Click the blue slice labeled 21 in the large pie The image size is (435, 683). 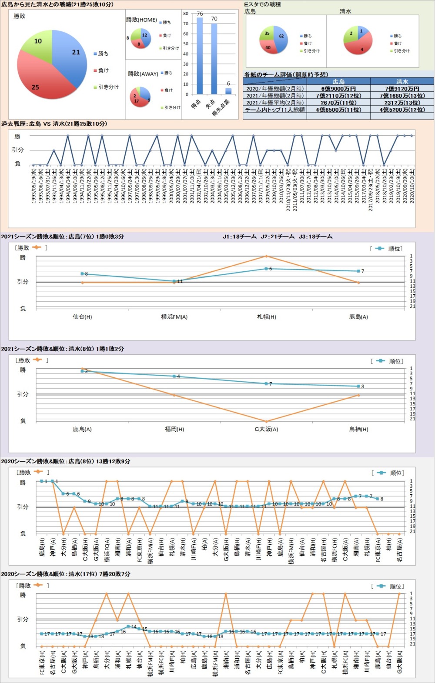[x=72, y=54]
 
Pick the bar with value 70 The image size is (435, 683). [x=214, y=59]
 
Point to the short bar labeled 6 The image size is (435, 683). [x=228, y=91]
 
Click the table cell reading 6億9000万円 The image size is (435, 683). [x=338, y=89]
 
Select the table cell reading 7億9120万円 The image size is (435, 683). [x=402, y=89]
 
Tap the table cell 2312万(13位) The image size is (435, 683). [x=402, y=103]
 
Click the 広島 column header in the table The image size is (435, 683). [x=338, y=81]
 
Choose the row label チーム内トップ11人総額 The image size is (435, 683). [x=275, y=110]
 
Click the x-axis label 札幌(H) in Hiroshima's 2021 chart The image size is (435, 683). [x=266, y=317]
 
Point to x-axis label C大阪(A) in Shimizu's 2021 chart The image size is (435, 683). [x=266, y=429]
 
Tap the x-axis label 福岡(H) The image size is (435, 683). [x=174, y=429]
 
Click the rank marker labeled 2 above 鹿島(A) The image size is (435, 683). [x=82, y=371]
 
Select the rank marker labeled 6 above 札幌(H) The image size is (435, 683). [x=266, y=269]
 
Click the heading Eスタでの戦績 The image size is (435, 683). [x=262, y=4]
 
